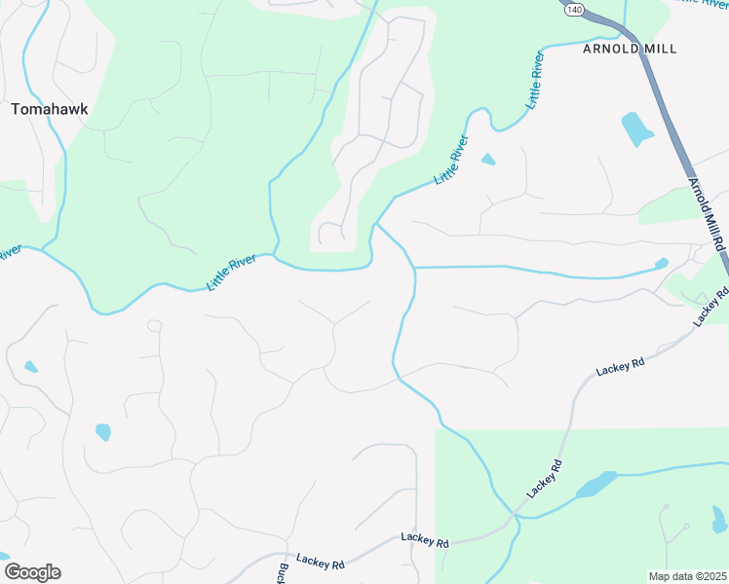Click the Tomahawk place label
coord(49,109)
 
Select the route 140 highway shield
coord(575,9)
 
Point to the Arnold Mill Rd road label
coord(708,212)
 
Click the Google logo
coord(32,572)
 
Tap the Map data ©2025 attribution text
coord(687,576)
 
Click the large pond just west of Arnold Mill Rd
coord(637,128)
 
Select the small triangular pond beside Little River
coord(487,160)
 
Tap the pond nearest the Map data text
coord(719,518)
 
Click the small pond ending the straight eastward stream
coord(662,263)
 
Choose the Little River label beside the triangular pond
coord(451,162)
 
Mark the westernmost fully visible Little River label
coord(231,273)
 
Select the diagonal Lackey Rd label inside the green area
coord(546,480)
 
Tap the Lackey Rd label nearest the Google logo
coord(322,562)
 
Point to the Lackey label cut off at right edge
coord(711,307)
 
